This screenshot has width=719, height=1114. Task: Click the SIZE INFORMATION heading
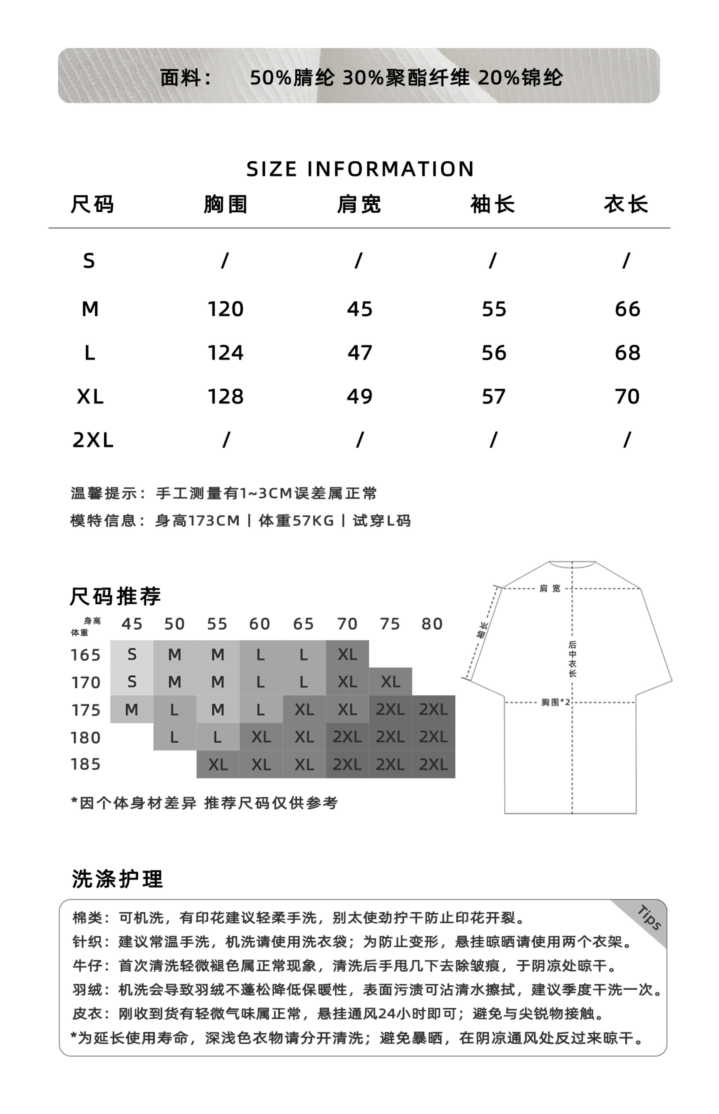point(359,169)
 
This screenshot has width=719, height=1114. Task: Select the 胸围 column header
point(226,205)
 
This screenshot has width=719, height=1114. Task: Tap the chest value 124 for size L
point(226,353)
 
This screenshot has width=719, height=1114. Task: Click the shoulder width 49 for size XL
point(359,397)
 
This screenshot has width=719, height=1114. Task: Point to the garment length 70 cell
point(627,397)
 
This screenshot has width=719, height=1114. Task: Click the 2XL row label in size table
point(93,440)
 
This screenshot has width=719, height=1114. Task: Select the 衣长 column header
point(626,205)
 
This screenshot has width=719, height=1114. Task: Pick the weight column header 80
point(432,624)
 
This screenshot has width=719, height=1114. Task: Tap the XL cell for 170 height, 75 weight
point(390,682)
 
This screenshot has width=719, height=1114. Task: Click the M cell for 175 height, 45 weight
point(132,710)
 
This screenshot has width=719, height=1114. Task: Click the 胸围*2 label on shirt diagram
point(555,702)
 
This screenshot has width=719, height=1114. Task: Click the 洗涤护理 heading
point(117,879)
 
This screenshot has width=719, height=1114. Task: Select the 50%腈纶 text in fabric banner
point(292,77)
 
